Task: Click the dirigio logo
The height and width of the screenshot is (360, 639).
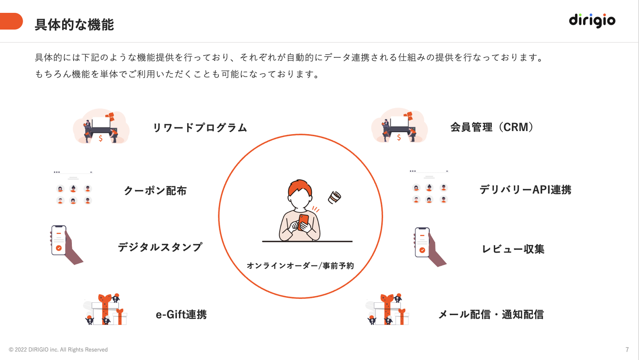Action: click(592, 20)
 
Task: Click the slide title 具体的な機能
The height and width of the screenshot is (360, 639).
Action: click(74, 24)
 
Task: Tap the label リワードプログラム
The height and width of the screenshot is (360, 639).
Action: click(200, 127)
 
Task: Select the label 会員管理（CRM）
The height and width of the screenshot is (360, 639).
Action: click(492, 127)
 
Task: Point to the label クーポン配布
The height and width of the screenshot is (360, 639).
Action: click(155, 190)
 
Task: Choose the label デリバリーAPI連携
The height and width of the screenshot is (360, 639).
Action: click(525, 190)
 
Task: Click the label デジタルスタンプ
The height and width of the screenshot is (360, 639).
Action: click(160, 247)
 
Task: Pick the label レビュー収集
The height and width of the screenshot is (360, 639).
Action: click(513, 249)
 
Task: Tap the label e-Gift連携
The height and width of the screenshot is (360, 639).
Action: click(181, 314)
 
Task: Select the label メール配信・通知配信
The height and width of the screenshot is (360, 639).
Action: click(491, 314)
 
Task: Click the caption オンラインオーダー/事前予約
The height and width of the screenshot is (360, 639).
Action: click(300, 265)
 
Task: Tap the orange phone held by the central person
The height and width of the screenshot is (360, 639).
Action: click(303, 222)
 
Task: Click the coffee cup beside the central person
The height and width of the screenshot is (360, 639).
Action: click(334, 197)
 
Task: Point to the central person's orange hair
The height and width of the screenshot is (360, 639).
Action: click(300, 187)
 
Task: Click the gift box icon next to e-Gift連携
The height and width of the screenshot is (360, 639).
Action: click(105, 309)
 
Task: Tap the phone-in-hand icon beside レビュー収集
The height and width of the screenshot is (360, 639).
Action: click(430, 246)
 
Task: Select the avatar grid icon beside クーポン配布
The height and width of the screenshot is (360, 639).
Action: click(73, 188)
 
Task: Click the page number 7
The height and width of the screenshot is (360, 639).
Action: click(627, 349)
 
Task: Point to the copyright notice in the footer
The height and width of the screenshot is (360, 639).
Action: click(58, 349)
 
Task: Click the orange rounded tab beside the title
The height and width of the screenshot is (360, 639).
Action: click(11, 21)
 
